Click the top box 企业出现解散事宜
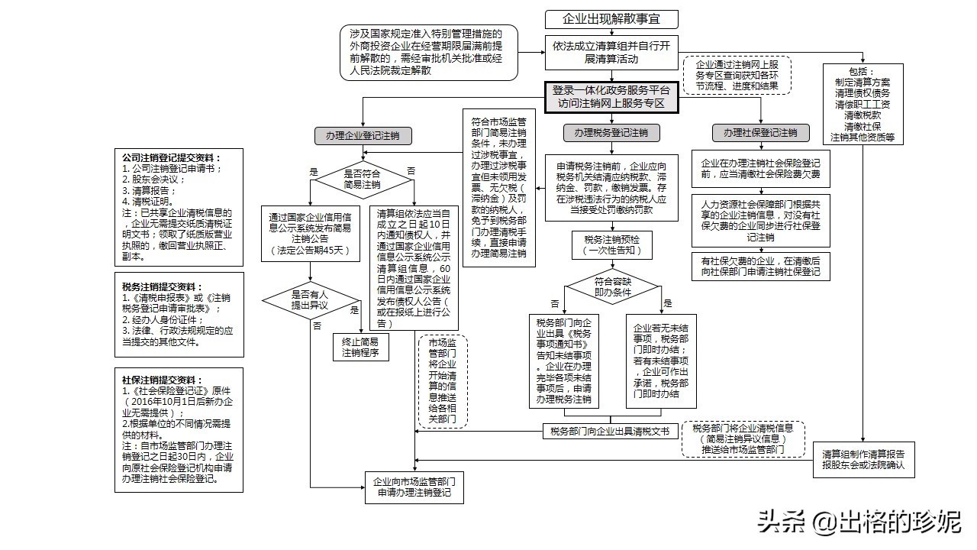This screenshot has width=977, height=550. click(x=611, y=19)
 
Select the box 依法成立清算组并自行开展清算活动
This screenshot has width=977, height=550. click(x=611, y=52)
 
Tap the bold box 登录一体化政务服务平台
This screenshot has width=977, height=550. click(x=611, y=96)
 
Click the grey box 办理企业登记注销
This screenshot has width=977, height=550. click(x=363, y=136)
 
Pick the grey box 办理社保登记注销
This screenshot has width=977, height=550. click(x=760, y=133)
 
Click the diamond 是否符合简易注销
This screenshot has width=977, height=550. click(x=363, y=179)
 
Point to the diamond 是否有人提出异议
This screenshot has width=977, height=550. click(x=310, y=299)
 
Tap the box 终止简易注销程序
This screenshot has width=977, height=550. click(x=360, y=348)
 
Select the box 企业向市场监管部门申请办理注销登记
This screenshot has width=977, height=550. click(x=414, y=488)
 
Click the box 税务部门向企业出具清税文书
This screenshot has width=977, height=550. click(x=610, y=432)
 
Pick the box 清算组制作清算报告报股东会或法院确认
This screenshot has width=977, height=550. click(x=863, y=459)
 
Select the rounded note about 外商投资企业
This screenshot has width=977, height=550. click(x=428, y=52)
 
